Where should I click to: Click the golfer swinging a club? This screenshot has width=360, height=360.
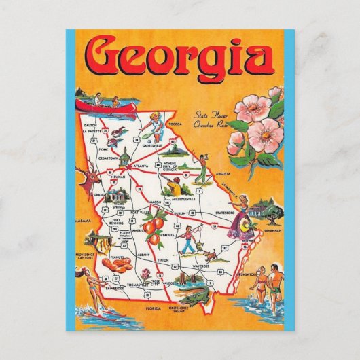coord(202,163)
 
